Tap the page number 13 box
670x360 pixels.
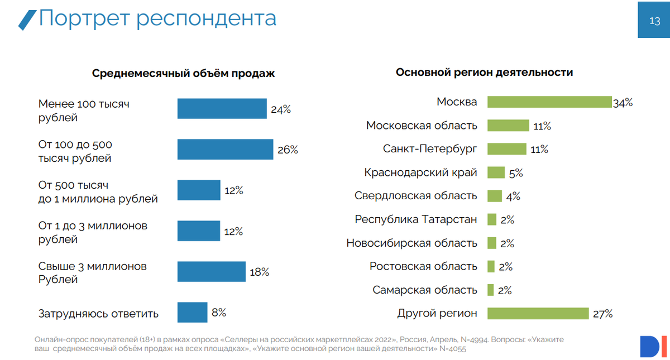click(654, 21)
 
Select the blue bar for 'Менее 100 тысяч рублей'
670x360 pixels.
click(222, 109)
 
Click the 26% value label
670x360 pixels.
click(288, 150)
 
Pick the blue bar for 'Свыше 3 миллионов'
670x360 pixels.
click(211, 272)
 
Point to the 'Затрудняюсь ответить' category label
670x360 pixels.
click(98, 314)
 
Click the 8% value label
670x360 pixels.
click(219, 313)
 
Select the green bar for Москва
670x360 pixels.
click(549, 102)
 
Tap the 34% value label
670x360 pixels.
click(623, 103)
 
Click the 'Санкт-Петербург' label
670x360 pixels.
click(430, 149)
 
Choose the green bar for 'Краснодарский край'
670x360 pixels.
click(496, 172)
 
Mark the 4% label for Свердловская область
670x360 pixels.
click(513, 196)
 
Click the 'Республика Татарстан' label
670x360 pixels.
click(416, 219)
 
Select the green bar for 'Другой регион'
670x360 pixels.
click(538, 313)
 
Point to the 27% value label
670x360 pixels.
click(602, 314)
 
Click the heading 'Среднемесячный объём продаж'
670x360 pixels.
click(183, 74)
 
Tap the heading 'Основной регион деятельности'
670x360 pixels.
click(484, 73)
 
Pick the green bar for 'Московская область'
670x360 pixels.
click(508, 126)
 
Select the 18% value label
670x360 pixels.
click(260, 272)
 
